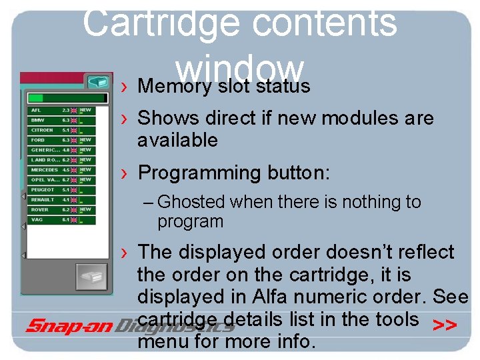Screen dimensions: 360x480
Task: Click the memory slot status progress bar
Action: click(60, 98)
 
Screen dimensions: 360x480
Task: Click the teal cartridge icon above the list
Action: click(99, 81)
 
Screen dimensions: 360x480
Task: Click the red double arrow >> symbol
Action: click(445, 325)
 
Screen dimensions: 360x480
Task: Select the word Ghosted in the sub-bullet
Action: click(191, 201)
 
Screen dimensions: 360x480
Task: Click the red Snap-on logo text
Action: click(70, 325)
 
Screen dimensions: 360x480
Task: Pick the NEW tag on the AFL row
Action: click(86, 110)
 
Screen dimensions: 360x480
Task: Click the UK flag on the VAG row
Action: click(74, 220)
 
